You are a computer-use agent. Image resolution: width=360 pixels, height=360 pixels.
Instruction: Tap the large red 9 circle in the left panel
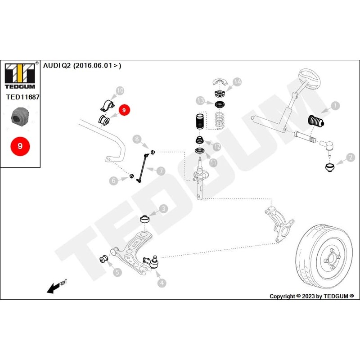[x=20, y=146]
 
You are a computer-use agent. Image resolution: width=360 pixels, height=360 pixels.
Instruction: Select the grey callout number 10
[x=119, y=91]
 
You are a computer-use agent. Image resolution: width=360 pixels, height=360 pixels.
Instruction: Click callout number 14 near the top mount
[x=237, y=81]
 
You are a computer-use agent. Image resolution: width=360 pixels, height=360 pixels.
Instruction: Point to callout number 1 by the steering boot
[x=335, y=106]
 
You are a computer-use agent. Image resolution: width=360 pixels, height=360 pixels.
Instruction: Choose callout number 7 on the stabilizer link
[x=161, y=171]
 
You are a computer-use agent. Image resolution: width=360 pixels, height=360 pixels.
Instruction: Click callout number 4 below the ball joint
[x=161, y=283]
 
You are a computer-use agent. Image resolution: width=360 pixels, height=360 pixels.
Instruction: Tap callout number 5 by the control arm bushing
[x=117, y=272]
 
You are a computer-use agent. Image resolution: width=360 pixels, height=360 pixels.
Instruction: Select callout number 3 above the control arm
[x=163, y=208]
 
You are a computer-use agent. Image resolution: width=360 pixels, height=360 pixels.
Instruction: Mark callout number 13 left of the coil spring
[x=200, y=100]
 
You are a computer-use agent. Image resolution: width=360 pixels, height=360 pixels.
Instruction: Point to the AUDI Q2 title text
[x=82, y=65]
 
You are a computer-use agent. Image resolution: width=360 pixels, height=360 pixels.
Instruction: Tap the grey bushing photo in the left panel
[x=20, y=116]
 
